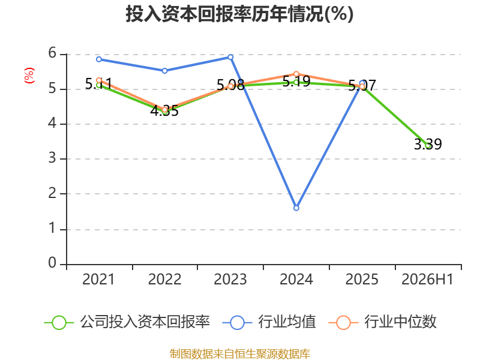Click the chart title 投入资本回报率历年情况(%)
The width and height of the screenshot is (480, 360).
pos(239,14)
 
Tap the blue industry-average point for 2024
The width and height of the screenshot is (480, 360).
pos(296,208)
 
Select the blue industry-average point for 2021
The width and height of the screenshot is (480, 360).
pos(99,59)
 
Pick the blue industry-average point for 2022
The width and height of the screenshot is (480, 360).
pos(164,71)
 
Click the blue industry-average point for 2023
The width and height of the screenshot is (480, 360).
pos(230,57)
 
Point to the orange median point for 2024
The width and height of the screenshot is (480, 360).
pos(296,74)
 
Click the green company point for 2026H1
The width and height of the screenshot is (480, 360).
pos(428,146)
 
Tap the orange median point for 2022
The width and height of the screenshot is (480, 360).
pos(164,110)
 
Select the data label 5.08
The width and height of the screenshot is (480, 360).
pos(230,85)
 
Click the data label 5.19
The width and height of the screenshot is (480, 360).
pos(296,81)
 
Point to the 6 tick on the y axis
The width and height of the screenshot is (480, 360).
pos(52,53)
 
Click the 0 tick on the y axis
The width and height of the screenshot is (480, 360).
pos(52,263)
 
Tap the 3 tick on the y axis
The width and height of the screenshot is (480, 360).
pos(52,158)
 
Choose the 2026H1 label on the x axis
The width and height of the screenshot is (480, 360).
pos(427,280)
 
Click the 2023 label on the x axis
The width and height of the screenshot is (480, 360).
pos(230,280)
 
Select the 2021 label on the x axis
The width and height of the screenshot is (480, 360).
pos(98,280)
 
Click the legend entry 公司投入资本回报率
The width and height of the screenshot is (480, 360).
pos(127,322)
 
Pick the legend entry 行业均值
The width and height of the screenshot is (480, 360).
pos(269,322)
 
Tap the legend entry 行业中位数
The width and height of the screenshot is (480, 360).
pos(382,322)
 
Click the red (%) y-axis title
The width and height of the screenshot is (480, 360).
pos(29,76)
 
